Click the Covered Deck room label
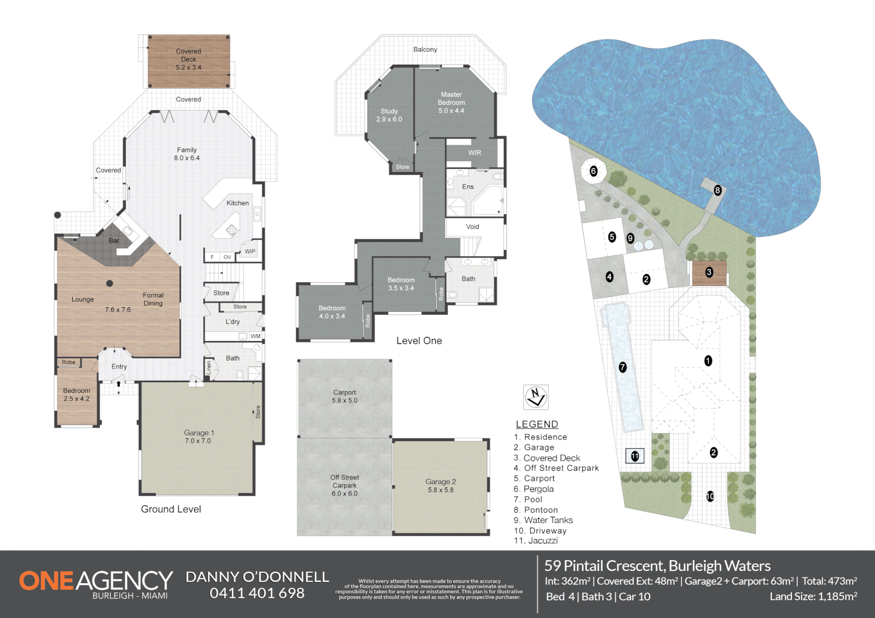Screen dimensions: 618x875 click(x=188, y=59)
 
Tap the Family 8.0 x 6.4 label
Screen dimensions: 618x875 click(x=187, y=154)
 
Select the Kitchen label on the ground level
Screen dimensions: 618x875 click(x=238, y=203)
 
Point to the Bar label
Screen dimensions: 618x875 click(x=114, y=241)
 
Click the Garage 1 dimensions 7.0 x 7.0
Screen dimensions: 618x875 click(x=198, y=441)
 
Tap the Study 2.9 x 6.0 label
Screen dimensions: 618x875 click(x=389, y=115)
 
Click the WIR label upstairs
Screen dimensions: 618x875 click(x=475, y=153)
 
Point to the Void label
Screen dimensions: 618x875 click(x=472, y=227)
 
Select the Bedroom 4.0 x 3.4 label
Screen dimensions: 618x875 click(x=332, y=312)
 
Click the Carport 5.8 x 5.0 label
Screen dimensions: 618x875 click(x=345, y=397)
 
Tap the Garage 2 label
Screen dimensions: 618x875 click(x=440, y=486)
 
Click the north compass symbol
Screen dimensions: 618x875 click(x=536, y=397)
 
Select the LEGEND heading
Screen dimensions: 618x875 click(x=537, y=424)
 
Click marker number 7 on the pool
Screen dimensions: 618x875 click(x=622, y=367)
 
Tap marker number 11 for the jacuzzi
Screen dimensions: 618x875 click(x=634, y=456)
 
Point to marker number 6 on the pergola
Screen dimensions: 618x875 click(x=593, y=171)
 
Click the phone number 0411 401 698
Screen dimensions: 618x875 click(x=257, y=593)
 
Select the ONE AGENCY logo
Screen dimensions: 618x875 click(x=96, y=583)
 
